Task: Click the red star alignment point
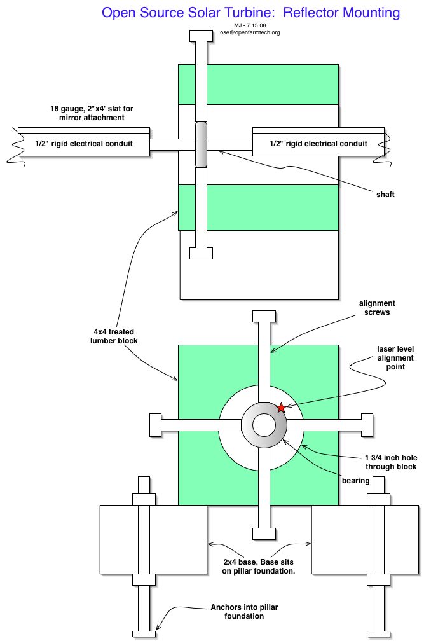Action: point(281,408)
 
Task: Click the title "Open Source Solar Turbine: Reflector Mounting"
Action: point(250,13)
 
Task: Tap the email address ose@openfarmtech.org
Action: point(250,32)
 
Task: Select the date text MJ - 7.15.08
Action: point(250,25)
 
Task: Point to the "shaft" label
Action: point(385,194)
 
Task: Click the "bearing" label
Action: point(356,481)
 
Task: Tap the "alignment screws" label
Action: point(377,308)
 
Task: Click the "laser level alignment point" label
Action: point(395,357)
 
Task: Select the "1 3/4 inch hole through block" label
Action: point(391,462)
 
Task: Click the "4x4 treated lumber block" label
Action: point(114,336)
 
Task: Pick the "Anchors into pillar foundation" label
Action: point(244,612)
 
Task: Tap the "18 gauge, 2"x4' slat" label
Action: point(92,113)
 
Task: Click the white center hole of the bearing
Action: point(264,425)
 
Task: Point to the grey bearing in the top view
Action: point(201,144)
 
